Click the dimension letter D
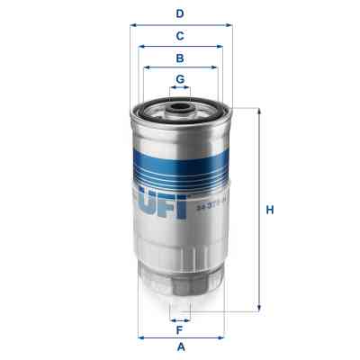(180, 13)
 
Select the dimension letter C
(180, 36)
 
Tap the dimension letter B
(180, 58)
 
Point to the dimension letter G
(180, 79)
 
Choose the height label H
(269, 211)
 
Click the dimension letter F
(180, 329)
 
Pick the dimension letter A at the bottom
(180, 347)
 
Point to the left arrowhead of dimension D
(133, 25)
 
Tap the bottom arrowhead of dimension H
(260, 308)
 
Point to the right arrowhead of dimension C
(220, 47)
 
